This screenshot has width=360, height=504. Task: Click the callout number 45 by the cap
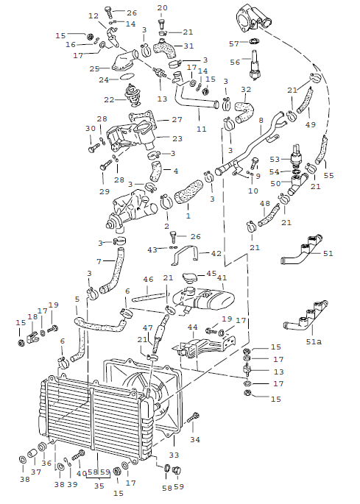point(211,274)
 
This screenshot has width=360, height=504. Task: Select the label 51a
point(314,341)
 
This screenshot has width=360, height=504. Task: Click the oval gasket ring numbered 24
point(125,76)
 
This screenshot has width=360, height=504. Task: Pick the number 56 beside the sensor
point(235,62)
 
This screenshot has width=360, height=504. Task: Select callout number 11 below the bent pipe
point(201,130)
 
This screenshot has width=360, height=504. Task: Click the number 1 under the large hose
point(188,217)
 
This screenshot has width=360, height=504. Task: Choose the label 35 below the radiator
point(99,486)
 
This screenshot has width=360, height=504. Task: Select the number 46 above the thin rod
point(149,280)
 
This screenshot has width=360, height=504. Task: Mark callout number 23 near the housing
point(177,138)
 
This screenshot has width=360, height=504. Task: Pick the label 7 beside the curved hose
point(99,261)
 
